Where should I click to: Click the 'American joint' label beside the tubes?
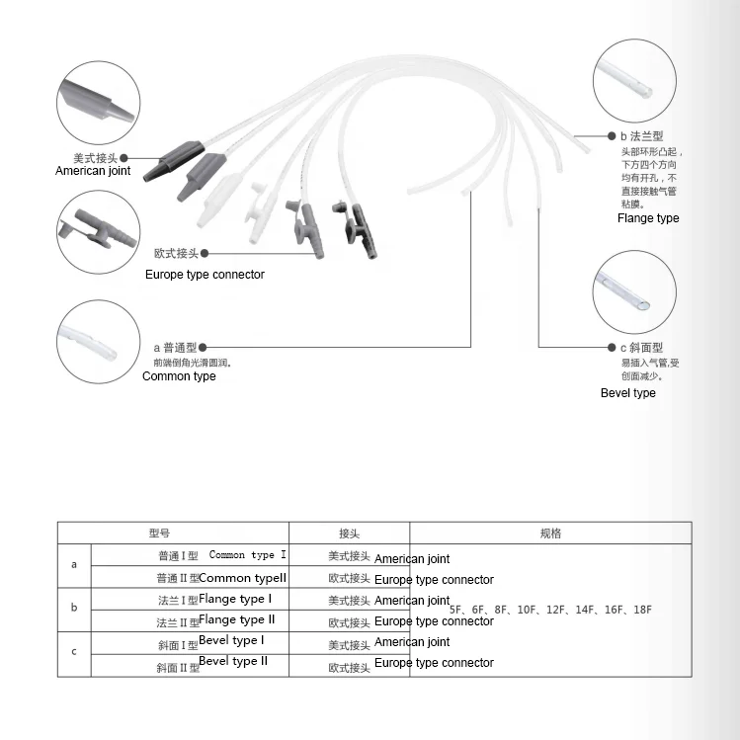(93, 171)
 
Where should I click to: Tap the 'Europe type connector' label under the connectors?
(205, 275)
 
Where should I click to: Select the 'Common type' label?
(179, 376)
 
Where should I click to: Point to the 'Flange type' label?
(648, 218)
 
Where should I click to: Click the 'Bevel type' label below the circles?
(628, 393)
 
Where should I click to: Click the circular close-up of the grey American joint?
(98, 101)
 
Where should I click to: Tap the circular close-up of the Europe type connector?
(98, 233)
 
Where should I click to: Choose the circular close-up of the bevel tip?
(634, 292)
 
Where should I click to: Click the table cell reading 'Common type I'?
(248, 555)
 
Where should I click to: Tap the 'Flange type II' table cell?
(237, 620)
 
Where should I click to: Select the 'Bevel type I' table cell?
(231, 641)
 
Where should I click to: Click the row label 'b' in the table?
(74, 608)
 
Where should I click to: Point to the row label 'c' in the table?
(74, 651)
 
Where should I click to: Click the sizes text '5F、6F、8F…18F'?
(550, 610)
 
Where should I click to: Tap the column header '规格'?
(550, 534)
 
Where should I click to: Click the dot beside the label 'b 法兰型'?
(609, 135)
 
